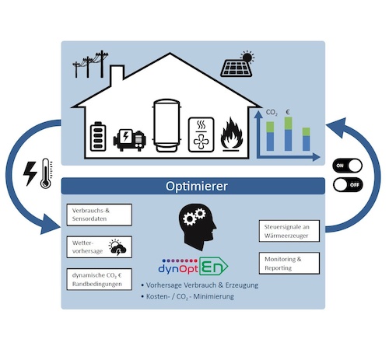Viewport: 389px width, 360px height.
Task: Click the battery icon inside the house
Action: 98,136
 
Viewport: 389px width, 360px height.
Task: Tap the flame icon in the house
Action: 232,135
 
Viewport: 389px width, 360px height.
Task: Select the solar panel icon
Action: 237,64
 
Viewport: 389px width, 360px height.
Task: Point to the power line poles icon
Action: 90,65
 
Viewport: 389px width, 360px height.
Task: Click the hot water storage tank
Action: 166,125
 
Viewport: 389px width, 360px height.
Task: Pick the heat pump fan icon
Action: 202,135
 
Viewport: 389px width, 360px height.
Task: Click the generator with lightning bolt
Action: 130,140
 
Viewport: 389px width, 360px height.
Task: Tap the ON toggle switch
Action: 348,166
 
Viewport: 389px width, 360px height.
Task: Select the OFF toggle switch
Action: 348,184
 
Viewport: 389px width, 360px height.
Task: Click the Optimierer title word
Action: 197,186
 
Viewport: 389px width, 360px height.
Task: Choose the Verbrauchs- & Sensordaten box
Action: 100,215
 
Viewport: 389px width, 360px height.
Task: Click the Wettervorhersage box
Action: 100,247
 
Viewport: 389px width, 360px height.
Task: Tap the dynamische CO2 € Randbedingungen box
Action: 100,279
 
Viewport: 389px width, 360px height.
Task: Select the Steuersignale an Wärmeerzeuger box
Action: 289,231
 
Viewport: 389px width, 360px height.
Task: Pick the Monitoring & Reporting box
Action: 289,263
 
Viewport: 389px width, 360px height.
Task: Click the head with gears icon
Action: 198,226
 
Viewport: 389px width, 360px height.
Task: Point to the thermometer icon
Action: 46,173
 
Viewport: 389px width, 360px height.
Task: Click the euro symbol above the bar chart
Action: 288,112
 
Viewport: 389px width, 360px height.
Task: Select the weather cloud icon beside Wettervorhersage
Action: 117,247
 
